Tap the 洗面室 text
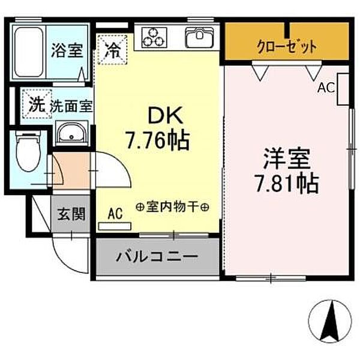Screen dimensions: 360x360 [71, 107]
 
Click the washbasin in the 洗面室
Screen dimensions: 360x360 [72, 133]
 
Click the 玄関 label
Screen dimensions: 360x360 [71, 214]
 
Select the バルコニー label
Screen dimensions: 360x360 [157, 257]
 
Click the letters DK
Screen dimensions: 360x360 [157, 115]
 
